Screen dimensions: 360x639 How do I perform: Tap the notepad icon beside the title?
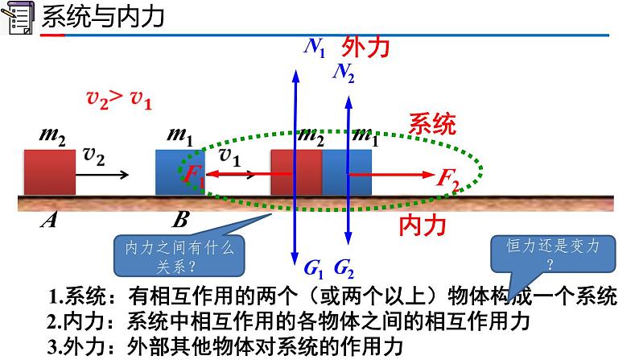(x=17, y=17)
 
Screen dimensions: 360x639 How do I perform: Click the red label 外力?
(x=366, y=47)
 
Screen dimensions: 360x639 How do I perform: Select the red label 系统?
(x=432, y=123)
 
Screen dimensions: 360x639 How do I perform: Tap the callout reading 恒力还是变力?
(x=549, y=253)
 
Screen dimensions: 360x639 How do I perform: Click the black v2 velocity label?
(x=93, y=156)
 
